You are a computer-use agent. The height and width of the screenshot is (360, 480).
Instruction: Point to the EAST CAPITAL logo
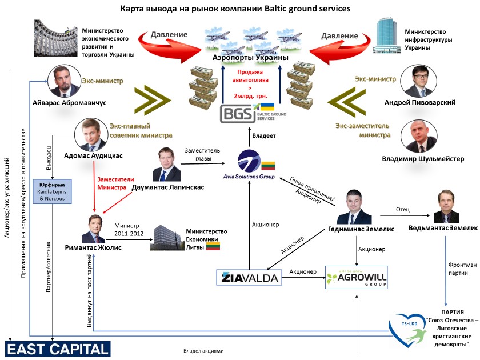58,349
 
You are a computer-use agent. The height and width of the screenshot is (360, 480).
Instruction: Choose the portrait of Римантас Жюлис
95,229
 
